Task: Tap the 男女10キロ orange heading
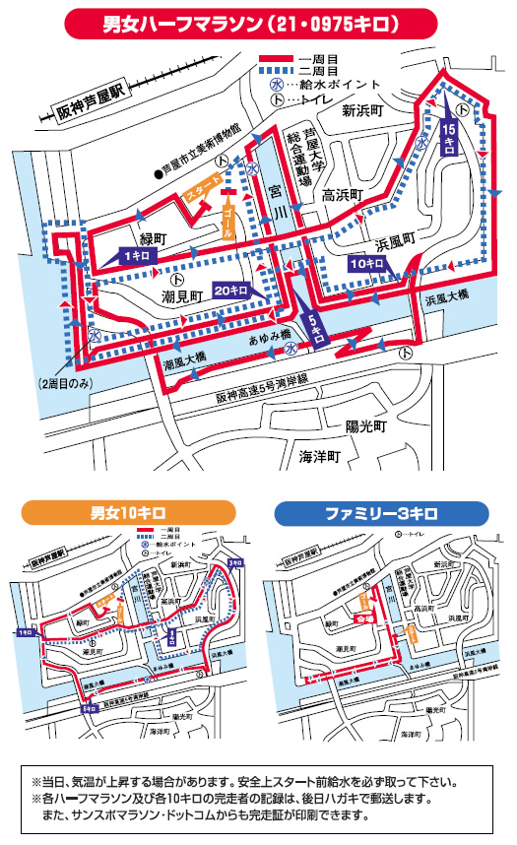[128, 513]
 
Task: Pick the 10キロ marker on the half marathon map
[367, 265]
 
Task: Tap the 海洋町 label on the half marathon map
[320, 457]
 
